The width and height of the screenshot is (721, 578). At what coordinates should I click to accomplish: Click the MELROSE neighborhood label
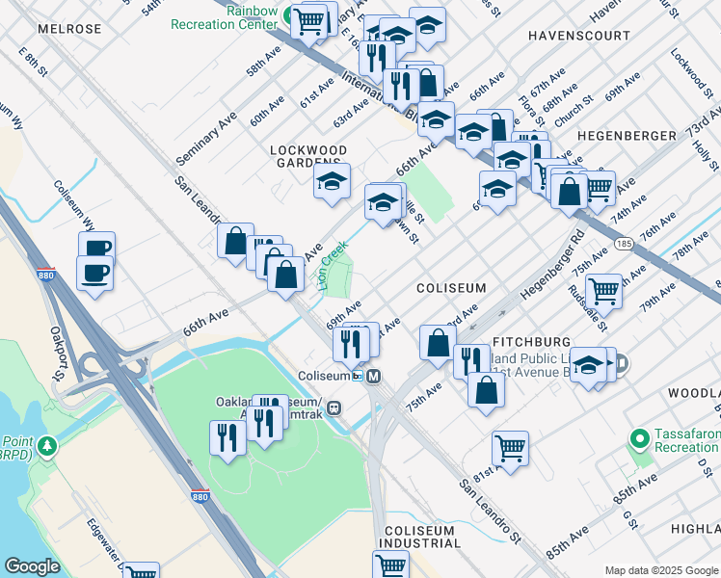69,29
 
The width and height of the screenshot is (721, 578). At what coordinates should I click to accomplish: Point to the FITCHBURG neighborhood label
531,342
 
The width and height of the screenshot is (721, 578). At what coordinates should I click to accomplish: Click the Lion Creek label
333,266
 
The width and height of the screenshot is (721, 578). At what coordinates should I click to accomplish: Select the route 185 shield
624,244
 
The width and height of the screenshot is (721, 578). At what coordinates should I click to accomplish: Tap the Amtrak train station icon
334,407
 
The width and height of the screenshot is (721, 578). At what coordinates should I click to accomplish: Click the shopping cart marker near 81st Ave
509,448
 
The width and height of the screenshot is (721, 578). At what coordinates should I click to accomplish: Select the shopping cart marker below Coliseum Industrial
391,565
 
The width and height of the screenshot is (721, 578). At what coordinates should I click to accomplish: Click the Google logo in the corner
33,566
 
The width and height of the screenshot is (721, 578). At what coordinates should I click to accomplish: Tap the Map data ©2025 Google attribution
659,569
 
